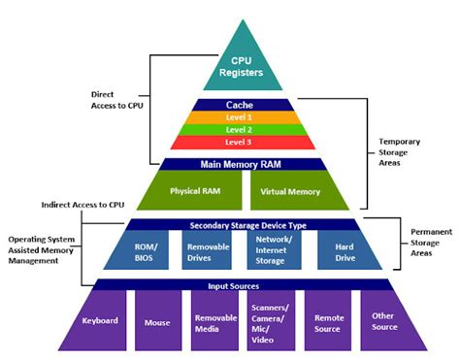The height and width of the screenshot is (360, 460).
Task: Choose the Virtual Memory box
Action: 290,191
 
